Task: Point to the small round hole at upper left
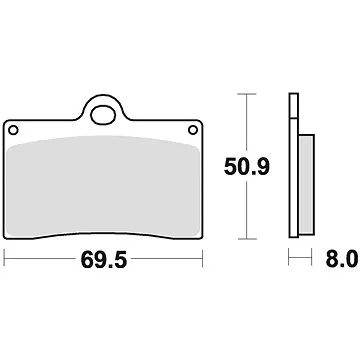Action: click(13, 130)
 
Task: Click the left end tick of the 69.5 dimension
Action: click(6, 262)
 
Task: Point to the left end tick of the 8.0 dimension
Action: click(289, 262)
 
